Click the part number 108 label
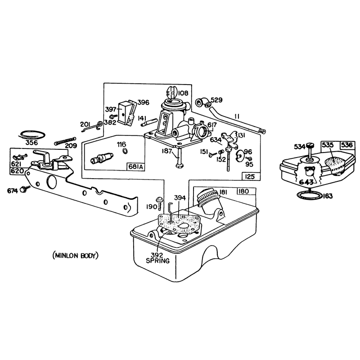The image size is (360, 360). coord(183,93)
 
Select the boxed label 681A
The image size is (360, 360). coord(136,166)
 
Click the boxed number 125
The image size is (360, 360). coord(250,176)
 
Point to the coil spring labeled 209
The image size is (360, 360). coord(65,141)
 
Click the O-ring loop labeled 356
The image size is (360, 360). coord(32,135)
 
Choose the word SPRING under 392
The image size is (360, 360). coord(158,261)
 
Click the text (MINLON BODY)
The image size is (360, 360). coord(76,256)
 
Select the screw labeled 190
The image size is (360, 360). coord(160,202)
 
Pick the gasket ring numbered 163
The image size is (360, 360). coord(309,196)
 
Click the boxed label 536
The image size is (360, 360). coord(346,145)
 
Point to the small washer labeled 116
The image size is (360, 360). coord(125,151)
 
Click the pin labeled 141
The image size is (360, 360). coord(149,122)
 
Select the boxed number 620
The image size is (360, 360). coord(17,171)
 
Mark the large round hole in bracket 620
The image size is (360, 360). coord(51,183)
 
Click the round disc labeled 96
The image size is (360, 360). coord(240,156)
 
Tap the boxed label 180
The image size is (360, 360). coord(246,191)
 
